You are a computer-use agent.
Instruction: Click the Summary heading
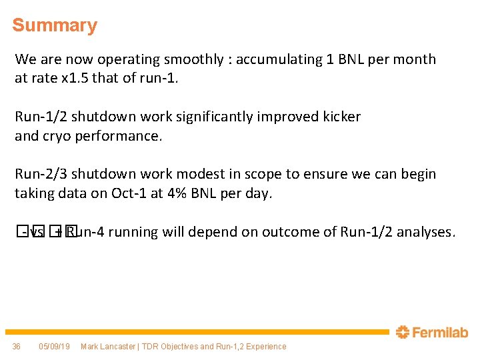tap(55, 25)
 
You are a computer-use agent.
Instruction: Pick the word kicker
tap(340, 117)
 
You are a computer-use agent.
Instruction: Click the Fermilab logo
tap(432, 332)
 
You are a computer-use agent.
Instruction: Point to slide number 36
tap(17, 347)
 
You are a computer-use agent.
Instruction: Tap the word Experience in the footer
tap(265, 347)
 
